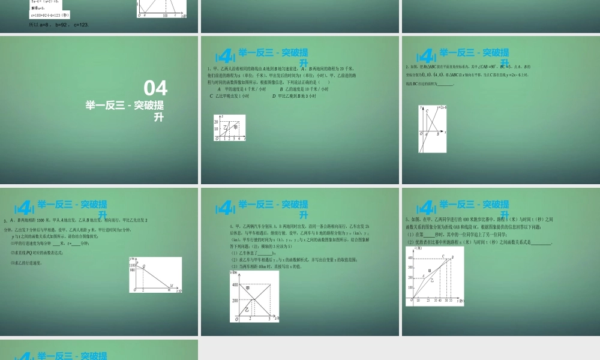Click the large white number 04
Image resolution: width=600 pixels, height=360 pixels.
coord(155,88)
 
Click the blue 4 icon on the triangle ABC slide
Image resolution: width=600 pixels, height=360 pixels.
coord(426,56)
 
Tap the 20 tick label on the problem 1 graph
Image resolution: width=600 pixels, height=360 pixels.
coord(217,122)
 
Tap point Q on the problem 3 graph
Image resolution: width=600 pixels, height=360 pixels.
coord(143,266)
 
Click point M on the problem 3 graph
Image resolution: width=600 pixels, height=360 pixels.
coord(171,285)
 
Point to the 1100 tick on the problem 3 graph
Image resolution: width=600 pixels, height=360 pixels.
coord(133,265)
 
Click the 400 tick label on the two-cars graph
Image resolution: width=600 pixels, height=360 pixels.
coord(235,284)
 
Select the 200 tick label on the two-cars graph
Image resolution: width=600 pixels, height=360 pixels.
coord(235,300)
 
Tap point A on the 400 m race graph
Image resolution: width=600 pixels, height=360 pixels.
coord(423,276)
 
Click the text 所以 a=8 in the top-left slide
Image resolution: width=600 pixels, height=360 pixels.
coord(40,25)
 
